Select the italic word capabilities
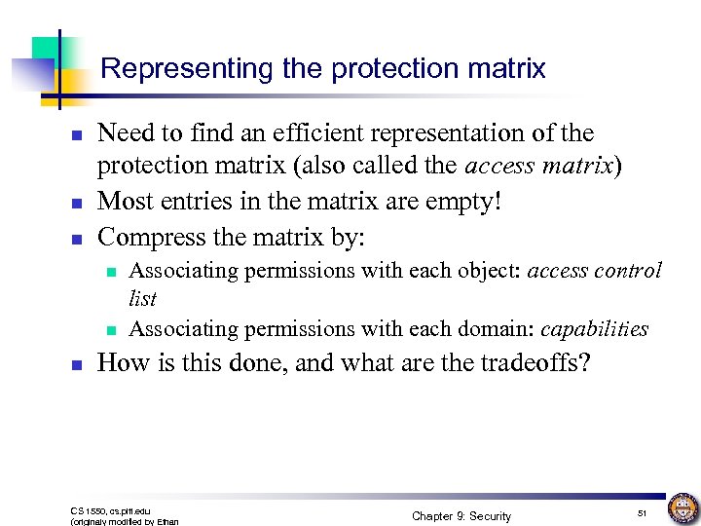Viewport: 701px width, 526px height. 594,329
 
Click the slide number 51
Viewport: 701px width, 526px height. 643,512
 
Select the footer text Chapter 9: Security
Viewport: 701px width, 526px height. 461,515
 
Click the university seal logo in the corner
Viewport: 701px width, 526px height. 682,507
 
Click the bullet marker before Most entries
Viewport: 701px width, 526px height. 76,203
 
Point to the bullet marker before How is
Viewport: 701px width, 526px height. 76,364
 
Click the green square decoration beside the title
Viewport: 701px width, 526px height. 45,50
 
